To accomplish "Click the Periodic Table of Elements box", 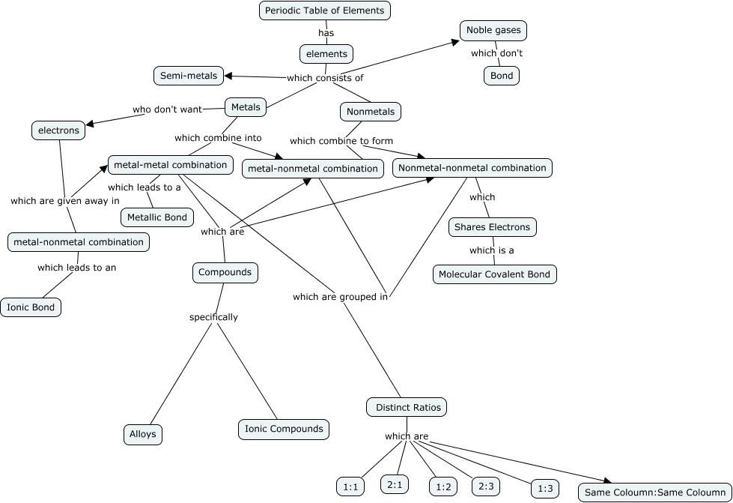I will (325, 10).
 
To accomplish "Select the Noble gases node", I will (493, 31).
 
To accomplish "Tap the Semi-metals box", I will (189, 76).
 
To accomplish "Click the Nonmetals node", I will (371, 112).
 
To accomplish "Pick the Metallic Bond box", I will (157, 217).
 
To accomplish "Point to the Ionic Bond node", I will (31, 307).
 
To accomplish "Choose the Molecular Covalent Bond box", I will (494, 274).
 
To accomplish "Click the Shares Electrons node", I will (492, 227).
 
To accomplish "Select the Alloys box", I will (142, 434).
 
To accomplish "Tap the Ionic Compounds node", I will (284, 430).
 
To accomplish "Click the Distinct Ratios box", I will (407, 408).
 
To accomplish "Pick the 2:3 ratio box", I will (483, 486).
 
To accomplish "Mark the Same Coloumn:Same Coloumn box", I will (655, 493).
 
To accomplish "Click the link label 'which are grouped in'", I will (340, 297).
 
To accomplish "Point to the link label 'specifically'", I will (213, 317).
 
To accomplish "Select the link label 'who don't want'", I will (168, 109).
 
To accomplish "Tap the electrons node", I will (58, 130).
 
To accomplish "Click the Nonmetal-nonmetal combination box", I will (472, 168).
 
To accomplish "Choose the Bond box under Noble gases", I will (501, 76).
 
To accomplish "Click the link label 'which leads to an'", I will (77, 267).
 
